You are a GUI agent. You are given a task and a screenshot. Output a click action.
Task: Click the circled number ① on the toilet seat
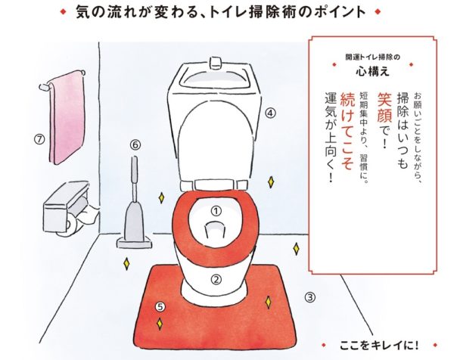[215, 211]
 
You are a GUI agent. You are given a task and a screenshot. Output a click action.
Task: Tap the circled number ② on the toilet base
[216, 278]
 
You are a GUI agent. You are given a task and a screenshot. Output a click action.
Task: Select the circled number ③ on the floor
[309, 296]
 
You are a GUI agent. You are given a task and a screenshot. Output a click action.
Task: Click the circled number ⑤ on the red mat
[160, 306]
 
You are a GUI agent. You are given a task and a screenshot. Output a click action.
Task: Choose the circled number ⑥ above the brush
[135, 144]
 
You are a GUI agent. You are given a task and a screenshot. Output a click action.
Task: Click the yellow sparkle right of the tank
[271, 182]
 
